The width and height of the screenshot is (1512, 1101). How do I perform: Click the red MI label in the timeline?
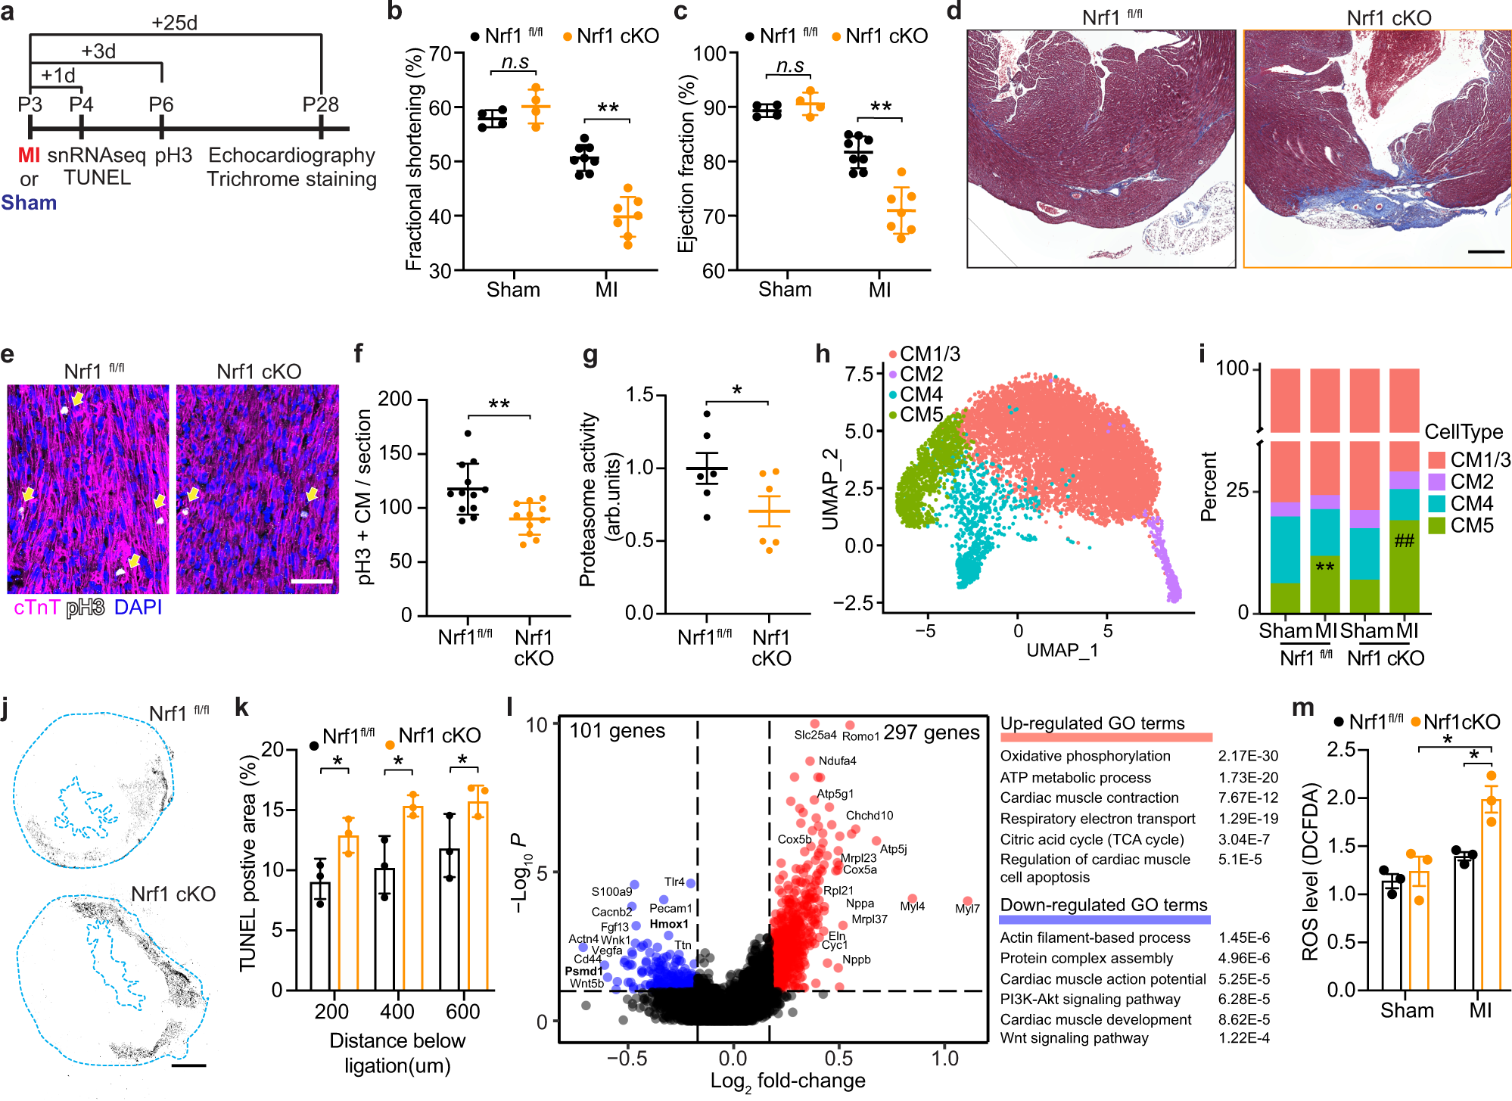coord(29,155)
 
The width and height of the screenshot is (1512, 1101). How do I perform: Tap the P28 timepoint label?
coord(320,104)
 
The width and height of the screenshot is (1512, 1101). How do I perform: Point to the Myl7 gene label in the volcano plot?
coord(966,909)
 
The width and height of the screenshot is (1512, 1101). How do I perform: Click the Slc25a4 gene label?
coord(814,735)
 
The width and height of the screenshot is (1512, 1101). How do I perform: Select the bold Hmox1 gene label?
coord(669,924)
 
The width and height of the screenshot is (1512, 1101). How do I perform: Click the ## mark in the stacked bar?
coord(1404,540)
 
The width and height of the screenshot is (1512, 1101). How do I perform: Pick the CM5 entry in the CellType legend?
coord(1472,525)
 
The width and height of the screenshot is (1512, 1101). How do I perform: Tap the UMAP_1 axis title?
coord(1062,650)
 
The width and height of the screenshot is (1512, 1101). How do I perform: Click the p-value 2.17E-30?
coord(1248,756)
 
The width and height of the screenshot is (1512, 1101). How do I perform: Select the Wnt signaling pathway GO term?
coord(1074,1038)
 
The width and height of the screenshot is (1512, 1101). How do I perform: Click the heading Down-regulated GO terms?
coord(1103,905)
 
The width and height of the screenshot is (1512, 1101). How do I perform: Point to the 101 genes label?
coord(617,731)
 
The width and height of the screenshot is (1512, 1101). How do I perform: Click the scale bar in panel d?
coord(1486,251)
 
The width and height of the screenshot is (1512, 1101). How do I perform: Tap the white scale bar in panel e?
coord(312,581)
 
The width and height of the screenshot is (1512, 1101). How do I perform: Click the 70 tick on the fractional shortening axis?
coord(440,54)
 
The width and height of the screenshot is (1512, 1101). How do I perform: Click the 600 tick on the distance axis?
coord(462,1012)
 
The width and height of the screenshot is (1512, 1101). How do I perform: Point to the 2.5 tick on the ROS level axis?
coord(1341,749)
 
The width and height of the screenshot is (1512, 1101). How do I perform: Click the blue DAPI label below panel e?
coord(138,608)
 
